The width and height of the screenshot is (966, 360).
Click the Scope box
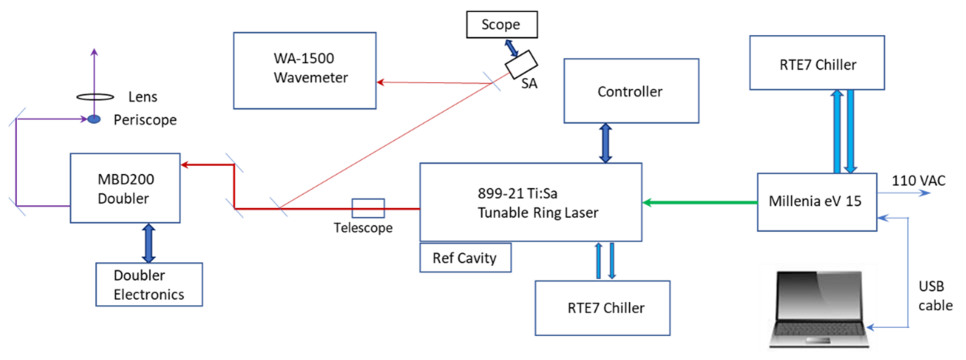pos(501,25)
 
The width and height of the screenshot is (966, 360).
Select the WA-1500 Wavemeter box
pos(305,70)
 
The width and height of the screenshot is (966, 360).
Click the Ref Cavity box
pos(465,258)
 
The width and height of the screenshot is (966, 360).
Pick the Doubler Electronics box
pos(149,285)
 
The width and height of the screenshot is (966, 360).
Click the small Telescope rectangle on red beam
pos(368,208)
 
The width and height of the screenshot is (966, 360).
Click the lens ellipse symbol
pos(95,97)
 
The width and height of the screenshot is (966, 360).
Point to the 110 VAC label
pos(918,181)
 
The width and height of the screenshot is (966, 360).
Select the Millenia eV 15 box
pos(816,202)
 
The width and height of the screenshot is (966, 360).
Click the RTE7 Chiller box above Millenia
pos(817,63)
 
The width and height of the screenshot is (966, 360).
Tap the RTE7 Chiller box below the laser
pos(602,308)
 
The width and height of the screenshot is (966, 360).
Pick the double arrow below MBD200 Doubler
pos(148,243)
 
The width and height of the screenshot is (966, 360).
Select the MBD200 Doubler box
pos(125,188)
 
